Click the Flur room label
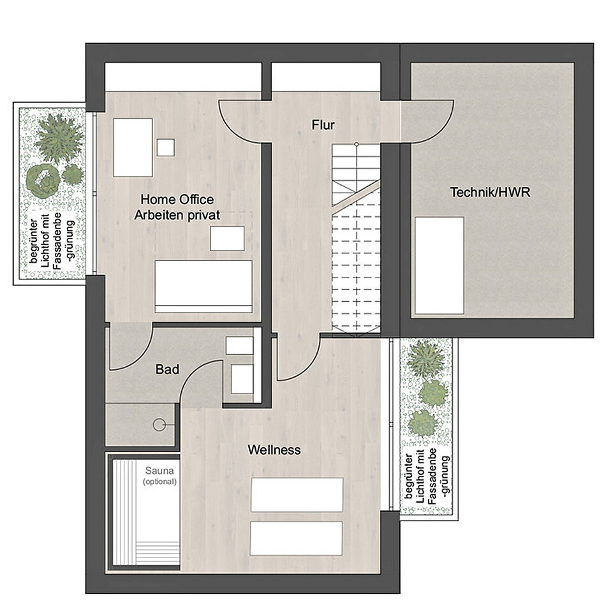pyautogui.click(x=323, y=125)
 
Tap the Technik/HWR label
pyautogui.click(x=490, y=192)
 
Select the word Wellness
pyautogui.click(x=274, y=450)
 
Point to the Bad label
pyautogui.click(x=167, y=369)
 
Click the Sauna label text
pyautogui.click(x=159, y=471)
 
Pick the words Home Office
pyautogui.click(x=177, y=200)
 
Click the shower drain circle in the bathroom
pyautogui.click(x=159, y=425)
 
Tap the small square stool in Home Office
pyautogui.click(x=165, y=147)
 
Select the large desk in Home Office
pyautogui.click(x=133, y=147)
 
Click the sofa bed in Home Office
pyautogui.click(x=203, y=286)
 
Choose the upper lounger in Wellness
pyautogui.click(x=297, y=495)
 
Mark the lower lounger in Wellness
pyautogui.click(x=296, y=538)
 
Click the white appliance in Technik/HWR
pyautogui.click(x=440, y=265)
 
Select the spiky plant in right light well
pyautogui.click(x=426, y=358)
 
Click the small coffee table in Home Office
pyautogui.click(x=227, y=239)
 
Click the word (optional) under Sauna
pyautogui.click(x=159, y=482)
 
